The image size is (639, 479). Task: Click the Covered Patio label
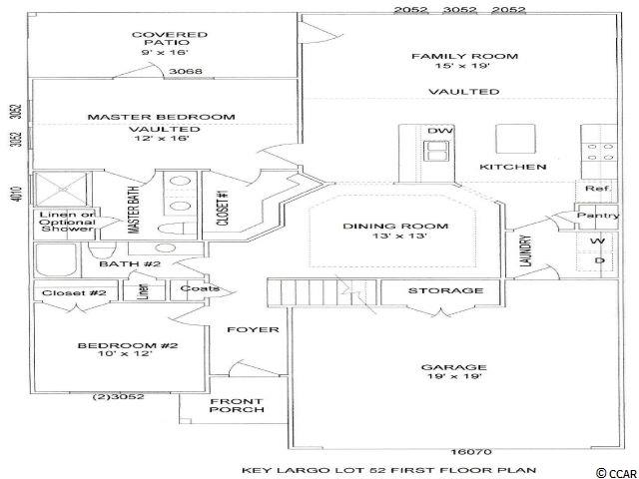[x=170, y=43]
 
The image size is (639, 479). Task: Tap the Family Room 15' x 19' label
[x=464, y=61]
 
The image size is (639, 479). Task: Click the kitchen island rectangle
[x=515, y=139]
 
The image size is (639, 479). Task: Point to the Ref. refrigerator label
[x=598, y=189]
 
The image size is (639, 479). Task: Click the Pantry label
[x=598, y=216]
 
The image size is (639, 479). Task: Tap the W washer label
[x=597, y=241]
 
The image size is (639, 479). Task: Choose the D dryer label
[x=599, y=260]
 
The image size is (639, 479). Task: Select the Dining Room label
[x=395, y=231]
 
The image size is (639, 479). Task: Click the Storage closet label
[x=446, y=290]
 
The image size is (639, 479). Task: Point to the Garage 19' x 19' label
[x=454, y=372]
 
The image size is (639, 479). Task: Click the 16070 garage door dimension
[x=471, y=452]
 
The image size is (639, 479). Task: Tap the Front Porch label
[x=237, y=406]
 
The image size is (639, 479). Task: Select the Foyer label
[x=253, y=329]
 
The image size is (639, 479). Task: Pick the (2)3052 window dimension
[x=118, y=396]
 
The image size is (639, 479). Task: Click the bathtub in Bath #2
[x=56, y=260]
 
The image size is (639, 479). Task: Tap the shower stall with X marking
[x=61, y=190]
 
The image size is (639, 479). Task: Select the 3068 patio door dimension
[x=186, y=71]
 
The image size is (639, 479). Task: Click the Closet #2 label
[x=74, y=292]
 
